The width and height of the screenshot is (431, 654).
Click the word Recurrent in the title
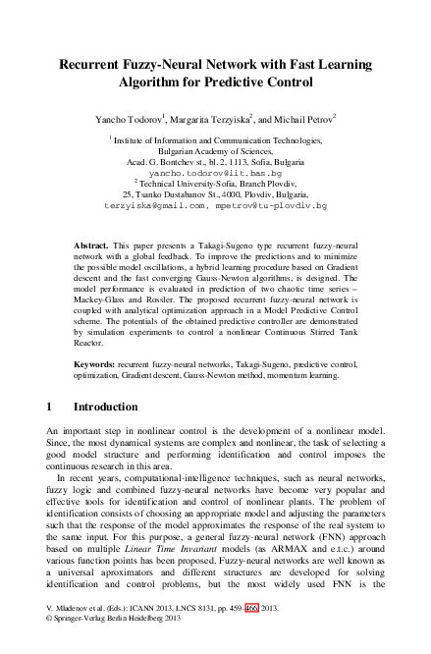click(x=95, y=65)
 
